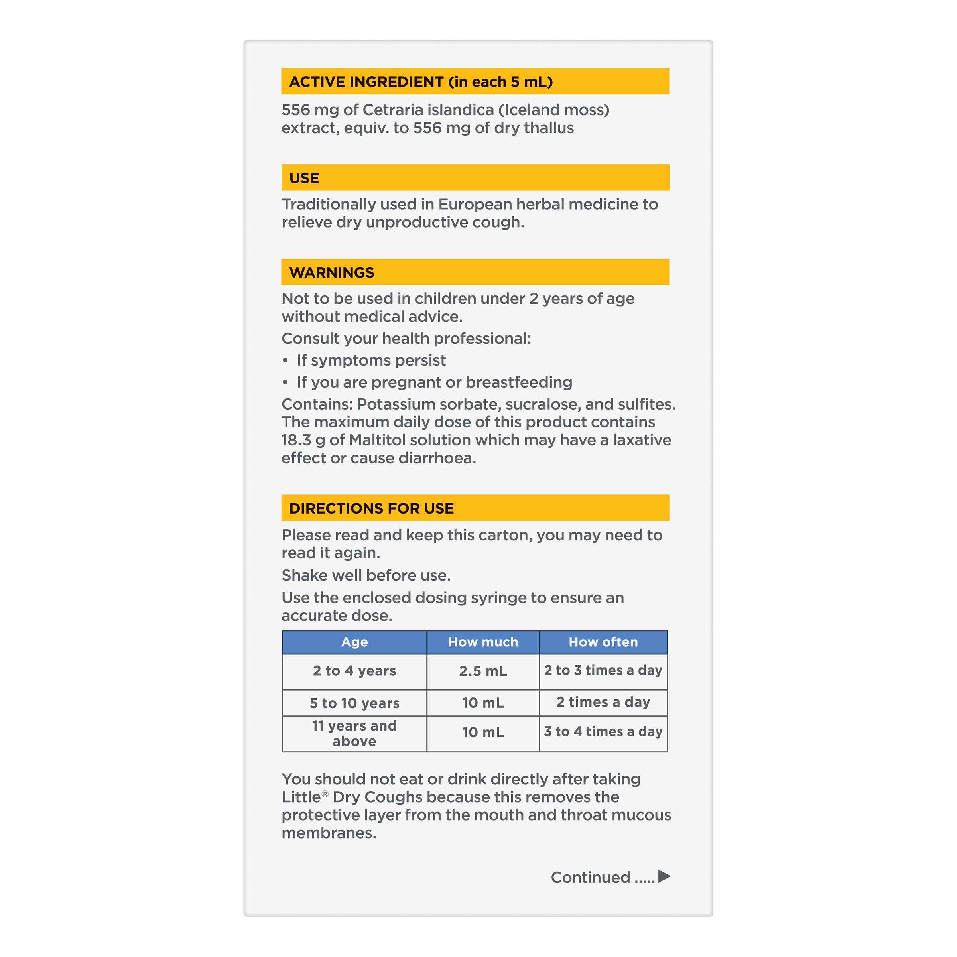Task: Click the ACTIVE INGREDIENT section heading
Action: tap(421, 82)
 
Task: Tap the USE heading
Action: tap(304, 178)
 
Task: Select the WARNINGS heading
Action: tap(331, 272)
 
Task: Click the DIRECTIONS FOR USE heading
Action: tap(372, 508)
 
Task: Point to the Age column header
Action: tap(354, 642)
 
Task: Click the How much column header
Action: tap(483, 642)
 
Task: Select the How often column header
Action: tap(603, 642)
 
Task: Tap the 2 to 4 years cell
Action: tap(354, 671)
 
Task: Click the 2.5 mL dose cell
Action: tap(483, 671)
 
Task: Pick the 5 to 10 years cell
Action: tap(354, 703)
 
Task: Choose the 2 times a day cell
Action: tap(603, 702)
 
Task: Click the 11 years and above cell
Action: tap(354, 734)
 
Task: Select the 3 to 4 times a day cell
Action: tap(603, 732)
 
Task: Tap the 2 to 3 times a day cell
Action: tap(603, 670)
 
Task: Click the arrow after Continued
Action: tap(664, 876)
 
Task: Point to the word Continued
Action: tap(590, 877)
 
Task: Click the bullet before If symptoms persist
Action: tap(286, 360)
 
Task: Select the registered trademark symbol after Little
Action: tap(325, 794)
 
